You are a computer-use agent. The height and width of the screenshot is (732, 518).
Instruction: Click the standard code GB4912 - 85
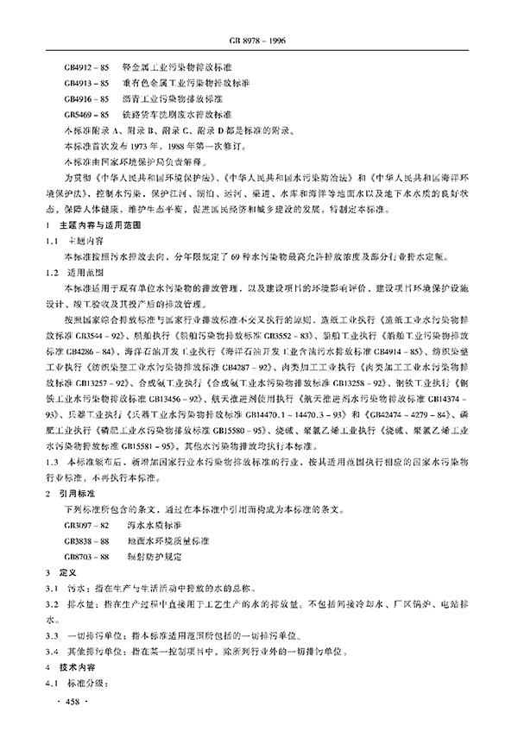(86, 66)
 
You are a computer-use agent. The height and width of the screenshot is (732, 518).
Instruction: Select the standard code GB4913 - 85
(86, 83)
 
